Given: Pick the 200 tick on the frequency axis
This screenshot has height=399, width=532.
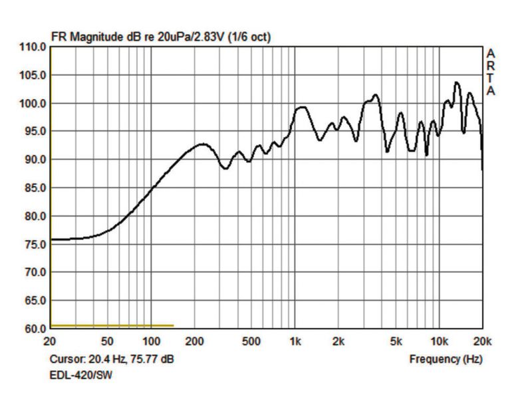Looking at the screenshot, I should (194, 342).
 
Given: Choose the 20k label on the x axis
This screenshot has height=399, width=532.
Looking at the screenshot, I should (481, 342).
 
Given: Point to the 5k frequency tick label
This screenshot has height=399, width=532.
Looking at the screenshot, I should (396, 342).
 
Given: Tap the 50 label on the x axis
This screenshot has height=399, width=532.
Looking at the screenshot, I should (108, 342).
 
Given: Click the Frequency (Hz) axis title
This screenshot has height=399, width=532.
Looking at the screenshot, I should (446, 359).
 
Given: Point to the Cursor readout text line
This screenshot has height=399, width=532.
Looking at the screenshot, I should (112, 359).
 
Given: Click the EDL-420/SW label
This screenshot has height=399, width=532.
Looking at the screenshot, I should (81, 376).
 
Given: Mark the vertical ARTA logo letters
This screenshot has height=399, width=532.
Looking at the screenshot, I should (491, 72).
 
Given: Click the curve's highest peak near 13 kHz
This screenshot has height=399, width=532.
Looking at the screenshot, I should (456, 82).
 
